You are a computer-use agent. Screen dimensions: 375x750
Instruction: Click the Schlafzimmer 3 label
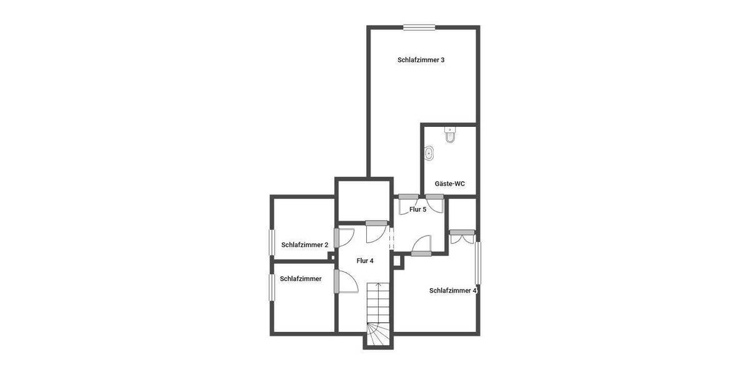pyautogui.click(x=421, y=60)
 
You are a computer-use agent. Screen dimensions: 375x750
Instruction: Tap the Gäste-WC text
pyautogui.click(x=449, y=184)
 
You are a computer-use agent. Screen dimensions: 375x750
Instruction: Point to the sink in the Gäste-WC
pyautogui.click(x=429, y=153)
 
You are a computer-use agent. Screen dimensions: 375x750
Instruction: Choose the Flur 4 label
pyautogui.click(x=364, y=261)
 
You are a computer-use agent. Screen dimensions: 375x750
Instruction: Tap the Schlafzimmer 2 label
pyautogui.click(x=304, y=245)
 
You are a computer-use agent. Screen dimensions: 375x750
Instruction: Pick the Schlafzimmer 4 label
pyautogui.click(x=453, y=290)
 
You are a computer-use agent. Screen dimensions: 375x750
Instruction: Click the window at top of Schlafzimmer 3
pyautogui.click(x=419, y=27)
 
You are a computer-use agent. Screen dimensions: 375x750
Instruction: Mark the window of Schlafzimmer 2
pyautogui.click(x=272, y=242)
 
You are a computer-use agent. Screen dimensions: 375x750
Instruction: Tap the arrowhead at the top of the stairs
pyautogui.click(x=377, y=285)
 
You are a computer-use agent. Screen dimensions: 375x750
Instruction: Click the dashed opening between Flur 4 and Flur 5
pyautogui.click(x=392, y=239)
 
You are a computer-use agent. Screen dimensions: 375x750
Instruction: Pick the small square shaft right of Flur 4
pyautogui.click(x=398, y=261)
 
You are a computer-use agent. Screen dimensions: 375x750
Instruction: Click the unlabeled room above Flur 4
pyautogui.click(x=364, y=200)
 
